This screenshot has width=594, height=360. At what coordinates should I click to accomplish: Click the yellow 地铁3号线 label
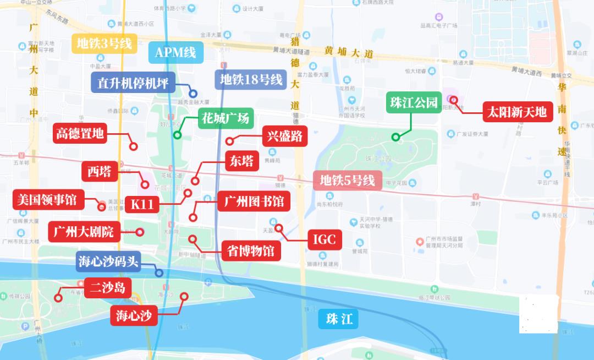click(x=105, y=43)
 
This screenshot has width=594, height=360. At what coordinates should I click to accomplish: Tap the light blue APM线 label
click(x=175, y=52)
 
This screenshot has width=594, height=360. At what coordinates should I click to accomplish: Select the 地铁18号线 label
click(x=251, y=80)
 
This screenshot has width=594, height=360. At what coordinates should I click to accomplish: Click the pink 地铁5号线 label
click(x=347, y=181)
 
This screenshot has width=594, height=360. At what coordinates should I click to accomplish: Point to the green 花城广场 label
click(x=225, y=117)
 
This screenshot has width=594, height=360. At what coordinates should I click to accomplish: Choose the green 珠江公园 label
click(x=414, y=102)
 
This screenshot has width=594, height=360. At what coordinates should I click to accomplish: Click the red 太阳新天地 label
click(x=516, y=112)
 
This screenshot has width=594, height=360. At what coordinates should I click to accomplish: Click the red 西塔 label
click(x=100, y=171)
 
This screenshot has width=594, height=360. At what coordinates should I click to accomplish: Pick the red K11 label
click(x=142, y=204)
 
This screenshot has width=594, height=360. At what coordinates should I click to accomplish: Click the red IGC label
click(x=324, y=239)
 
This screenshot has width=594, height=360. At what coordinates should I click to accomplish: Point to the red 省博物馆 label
click(x=251, y=251)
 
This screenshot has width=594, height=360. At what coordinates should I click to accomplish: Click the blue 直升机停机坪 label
click(x=133, y=83)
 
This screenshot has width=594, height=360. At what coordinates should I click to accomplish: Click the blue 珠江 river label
click(x=339, y=319)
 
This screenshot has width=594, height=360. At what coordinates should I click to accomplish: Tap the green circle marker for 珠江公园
click(x=395, y=137)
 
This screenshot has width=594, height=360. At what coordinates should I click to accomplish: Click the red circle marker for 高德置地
click(x=133, y=146)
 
